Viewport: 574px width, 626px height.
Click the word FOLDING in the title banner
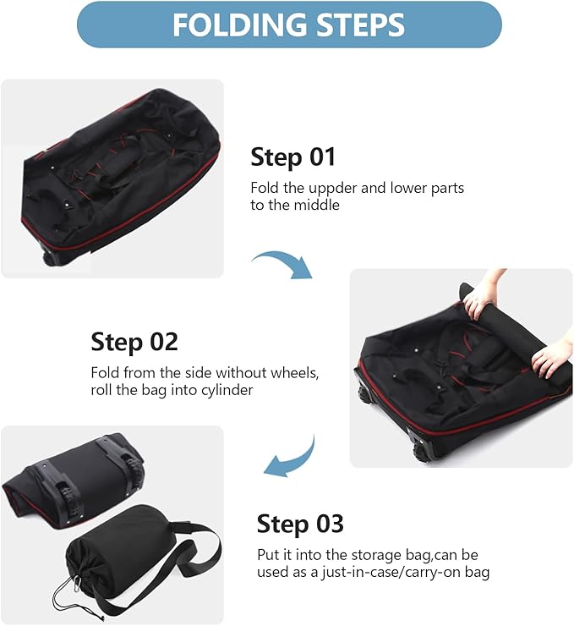[x=236, y=25]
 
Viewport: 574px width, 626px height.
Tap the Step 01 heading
[x=292, y=156]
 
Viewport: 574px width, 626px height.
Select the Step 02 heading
[x=134, y=342]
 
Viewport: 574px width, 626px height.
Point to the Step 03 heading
[x=300, y=523]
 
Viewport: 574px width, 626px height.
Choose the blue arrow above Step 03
[x=292, y=458]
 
